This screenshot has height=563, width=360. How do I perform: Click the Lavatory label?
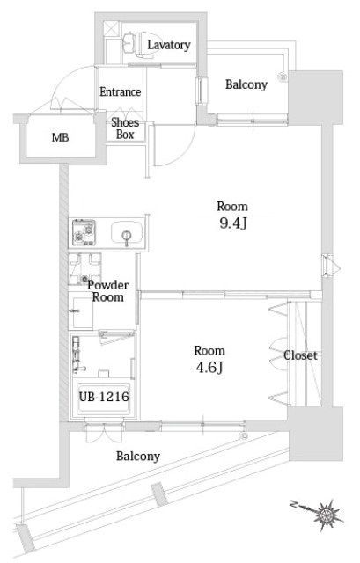[x=168, y=45]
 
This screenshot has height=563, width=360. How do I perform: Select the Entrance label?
[x=120, y=91]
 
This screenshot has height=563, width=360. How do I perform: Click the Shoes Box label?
[x=125, y=128]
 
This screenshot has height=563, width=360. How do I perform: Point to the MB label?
[x=60, y=137]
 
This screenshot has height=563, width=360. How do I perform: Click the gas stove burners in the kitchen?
[x=84, y=232]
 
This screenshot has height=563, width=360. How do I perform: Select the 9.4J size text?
[x=233, y=223]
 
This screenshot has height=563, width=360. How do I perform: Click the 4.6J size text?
[x=209, y=368]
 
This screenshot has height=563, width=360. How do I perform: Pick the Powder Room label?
[x=107, y=291]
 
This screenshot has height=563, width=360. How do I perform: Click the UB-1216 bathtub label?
[x=104, y=397]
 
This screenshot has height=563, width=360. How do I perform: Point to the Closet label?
[x=300, y=355]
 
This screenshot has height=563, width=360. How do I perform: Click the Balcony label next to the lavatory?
[x=246, y=84]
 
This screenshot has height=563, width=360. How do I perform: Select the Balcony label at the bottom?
[x=138, y=457]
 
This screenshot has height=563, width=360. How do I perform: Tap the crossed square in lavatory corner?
[x=111, y=29]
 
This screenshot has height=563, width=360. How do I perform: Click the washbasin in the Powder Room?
[x=81, y=311]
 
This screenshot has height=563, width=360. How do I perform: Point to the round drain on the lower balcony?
[x=244, y=436]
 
